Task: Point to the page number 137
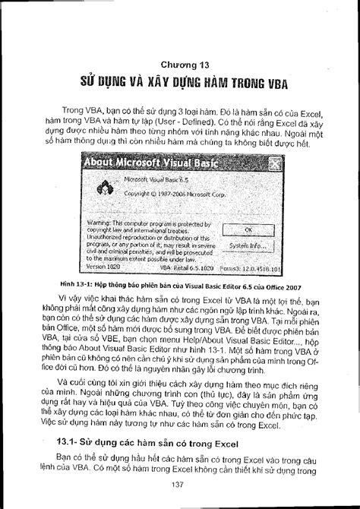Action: point(180,485)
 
